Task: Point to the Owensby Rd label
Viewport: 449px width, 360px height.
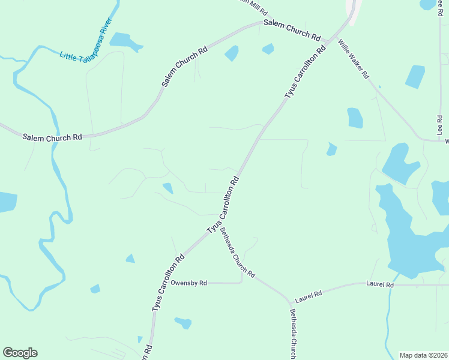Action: click(x=188, y=283)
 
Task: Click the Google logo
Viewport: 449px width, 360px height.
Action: click(x=20, y=353)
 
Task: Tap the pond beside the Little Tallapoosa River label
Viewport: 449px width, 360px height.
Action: click(x=125, y=41)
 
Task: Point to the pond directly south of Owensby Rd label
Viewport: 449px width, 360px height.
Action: click(x=183, y=323)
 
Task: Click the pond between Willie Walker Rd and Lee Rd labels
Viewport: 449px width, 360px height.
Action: click(x=415, y=76)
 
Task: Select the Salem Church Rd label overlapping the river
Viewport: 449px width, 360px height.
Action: click(x=52, y=137)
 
